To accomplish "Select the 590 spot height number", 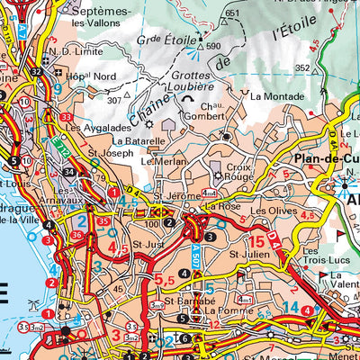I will click(213, 45).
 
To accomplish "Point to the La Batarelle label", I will click(139, 141).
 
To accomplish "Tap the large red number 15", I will click(258, 241).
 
